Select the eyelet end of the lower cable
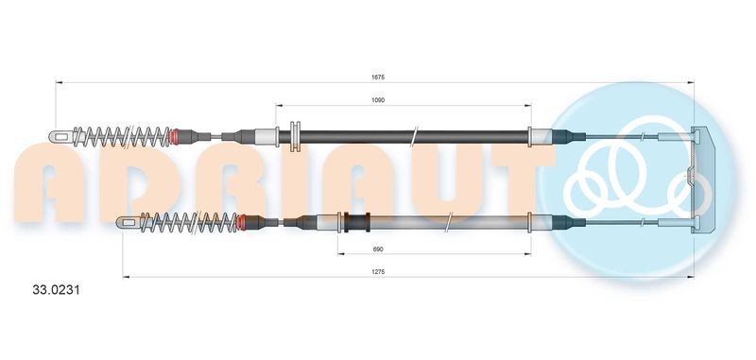coord(127,223)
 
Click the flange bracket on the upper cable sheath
coord(294,136)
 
